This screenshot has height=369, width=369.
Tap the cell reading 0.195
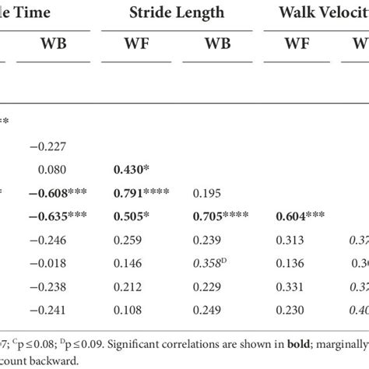[205, 192]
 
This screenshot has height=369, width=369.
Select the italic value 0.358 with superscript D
[207, 264]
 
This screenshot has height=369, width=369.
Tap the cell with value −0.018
[49, 264]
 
